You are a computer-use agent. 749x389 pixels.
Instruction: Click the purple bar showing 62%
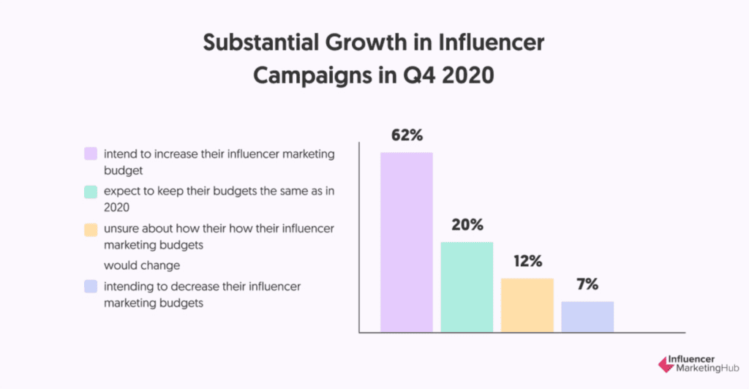click(406, 242)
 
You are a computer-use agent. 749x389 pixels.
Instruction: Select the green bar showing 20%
click(466, 287)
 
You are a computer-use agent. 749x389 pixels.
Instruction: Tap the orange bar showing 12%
click(527, 305)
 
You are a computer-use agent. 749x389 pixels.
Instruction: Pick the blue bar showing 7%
click(587, 317)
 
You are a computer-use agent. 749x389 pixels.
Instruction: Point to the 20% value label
click(466, 225)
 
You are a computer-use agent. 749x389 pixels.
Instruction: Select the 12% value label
click(527, 261)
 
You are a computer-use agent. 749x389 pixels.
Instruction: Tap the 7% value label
click(587, 284)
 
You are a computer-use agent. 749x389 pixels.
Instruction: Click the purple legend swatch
click(91, 154)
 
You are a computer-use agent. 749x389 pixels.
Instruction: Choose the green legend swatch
click(91, 192)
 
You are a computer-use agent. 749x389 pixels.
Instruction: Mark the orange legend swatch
click(91, 229)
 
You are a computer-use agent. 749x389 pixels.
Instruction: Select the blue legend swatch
click(91, 286)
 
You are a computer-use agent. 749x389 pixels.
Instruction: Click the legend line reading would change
click(141, 265)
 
